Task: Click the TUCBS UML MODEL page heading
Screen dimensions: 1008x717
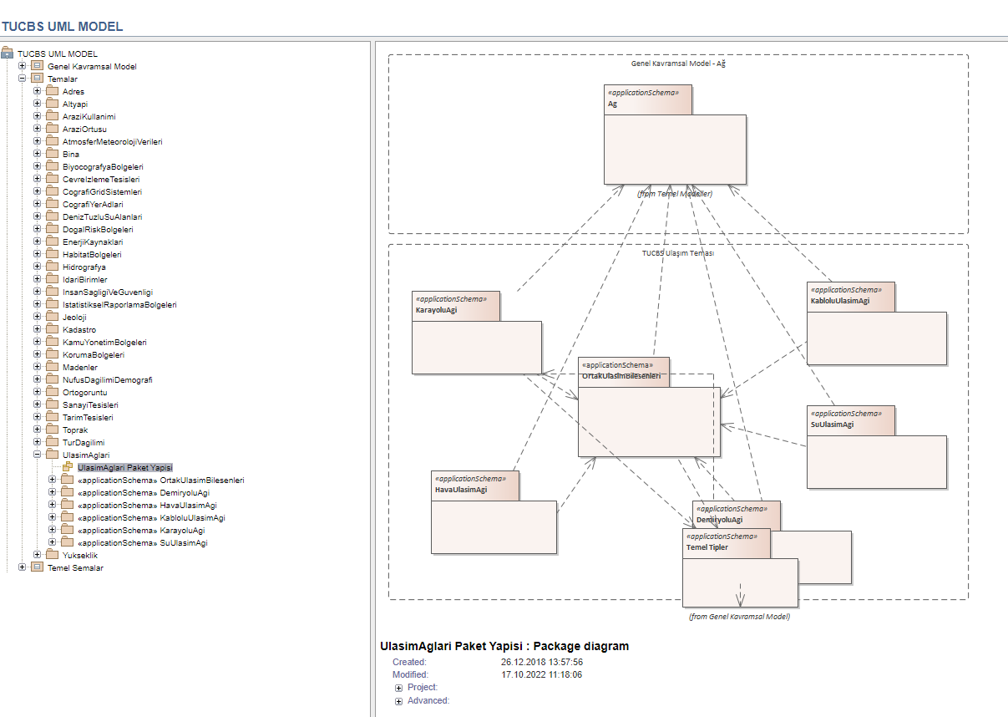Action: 62,27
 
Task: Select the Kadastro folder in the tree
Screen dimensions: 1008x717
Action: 79,330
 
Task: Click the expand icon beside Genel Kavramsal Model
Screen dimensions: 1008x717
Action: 22,66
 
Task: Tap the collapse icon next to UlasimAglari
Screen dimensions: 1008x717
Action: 37,455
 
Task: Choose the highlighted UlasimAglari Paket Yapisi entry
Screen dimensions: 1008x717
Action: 125,467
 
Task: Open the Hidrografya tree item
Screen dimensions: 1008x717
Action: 84,267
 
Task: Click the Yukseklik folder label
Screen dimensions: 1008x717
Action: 80,556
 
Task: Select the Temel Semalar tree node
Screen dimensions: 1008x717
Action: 76,568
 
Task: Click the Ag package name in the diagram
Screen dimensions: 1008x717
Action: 612,104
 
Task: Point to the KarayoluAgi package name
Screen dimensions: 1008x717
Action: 436,310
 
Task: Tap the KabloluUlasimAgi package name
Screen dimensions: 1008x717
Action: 840,301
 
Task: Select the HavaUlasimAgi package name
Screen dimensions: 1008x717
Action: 461,490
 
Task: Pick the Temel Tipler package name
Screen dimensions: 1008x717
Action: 707,547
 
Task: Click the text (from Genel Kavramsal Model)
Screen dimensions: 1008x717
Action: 739,617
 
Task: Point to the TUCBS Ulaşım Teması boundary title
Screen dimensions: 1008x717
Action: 677,253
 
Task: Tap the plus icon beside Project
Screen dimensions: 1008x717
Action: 398,689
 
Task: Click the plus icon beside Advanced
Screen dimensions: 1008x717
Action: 398,702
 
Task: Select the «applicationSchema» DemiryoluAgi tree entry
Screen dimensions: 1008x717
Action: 144,493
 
